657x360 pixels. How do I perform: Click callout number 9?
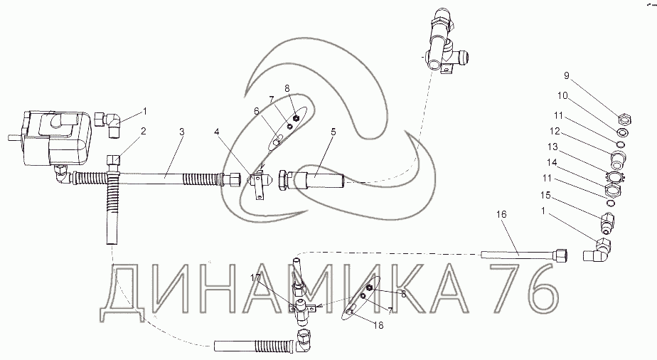pos(567,76)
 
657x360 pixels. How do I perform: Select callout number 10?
pos(562,96)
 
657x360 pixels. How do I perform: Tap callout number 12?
pos(555,131)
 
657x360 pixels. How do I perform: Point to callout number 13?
pos(552,147)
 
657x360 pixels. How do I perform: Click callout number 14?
pos(551,162)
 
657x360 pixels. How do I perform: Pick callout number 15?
pos(545,196)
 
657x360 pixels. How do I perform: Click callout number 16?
pos(501,215)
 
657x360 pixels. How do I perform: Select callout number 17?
pos(255,277)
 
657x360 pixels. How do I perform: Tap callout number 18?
pos(378,325)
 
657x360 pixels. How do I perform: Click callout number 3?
pos(181,132)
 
